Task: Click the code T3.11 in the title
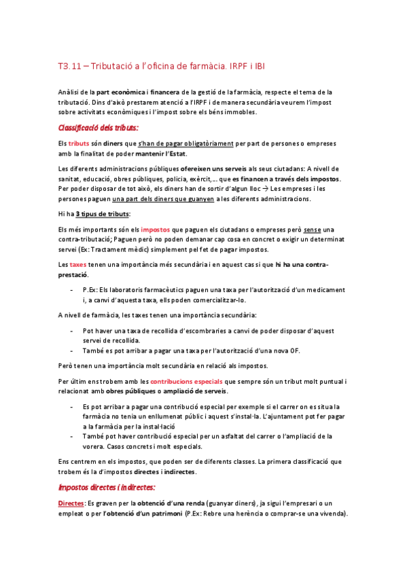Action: pos(69,66)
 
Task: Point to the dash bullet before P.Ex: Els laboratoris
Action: pos(72,289)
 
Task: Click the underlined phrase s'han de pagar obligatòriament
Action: pos(185,144)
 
